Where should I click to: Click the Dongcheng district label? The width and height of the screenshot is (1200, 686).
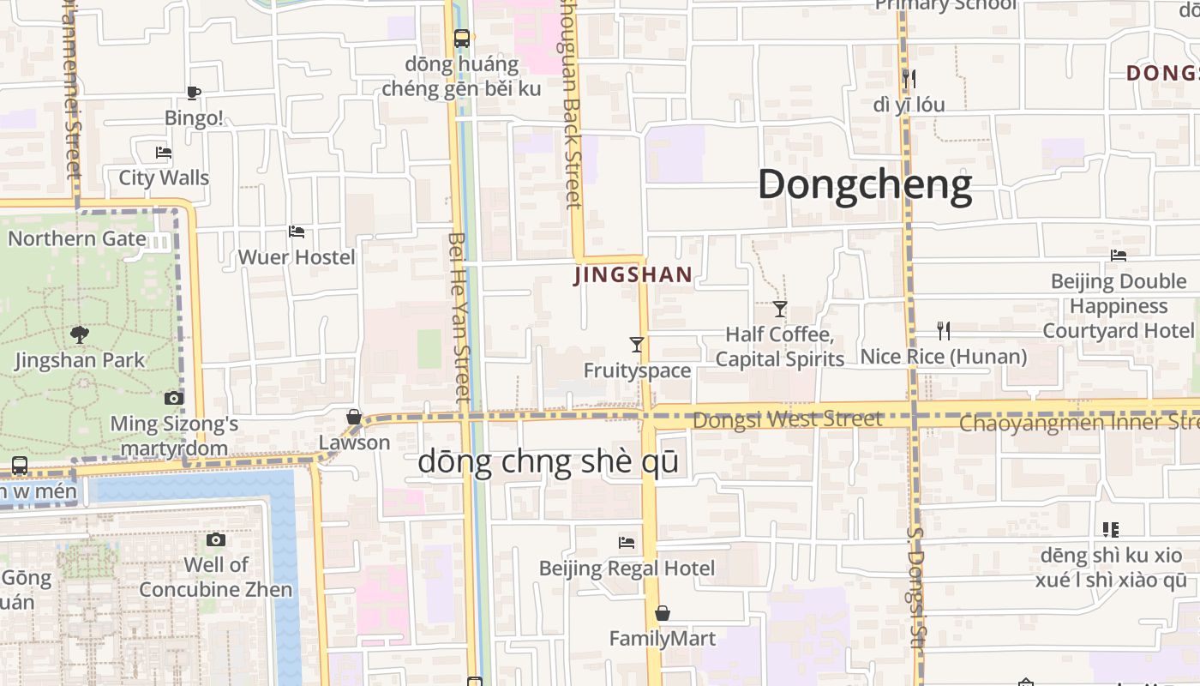[865, 185]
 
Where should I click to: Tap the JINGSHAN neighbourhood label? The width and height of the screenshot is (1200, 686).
[633, 275]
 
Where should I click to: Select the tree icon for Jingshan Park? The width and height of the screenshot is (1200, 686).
[80, 334]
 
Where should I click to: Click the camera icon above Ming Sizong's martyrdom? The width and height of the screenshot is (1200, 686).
[174, 398]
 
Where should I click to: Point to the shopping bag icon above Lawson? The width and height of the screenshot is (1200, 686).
[353, 417]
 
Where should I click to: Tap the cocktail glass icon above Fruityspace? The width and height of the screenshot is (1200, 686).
[636, 345]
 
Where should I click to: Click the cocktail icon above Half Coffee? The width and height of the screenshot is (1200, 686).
[780, 309]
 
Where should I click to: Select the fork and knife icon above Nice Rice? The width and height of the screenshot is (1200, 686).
[944, 331]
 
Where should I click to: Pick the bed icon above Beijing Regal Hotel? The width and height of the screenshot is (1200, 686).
[627, 543]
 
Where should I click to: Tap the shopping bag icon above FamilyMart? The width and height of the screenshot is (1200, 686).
[662, 613]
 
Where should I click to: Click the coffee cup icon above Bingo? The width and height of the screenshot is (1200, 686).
[193, 93]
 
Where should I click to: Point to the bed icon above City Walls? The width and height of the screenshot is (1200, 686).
[164, 153]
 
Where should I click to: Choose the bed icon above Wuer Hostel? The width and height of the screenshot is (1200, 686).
[297, 232]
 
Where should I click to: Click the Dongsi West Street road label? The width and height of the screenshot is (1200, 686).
[787, 419]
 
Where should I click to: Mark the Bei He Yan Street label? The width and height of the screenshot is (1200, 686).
[460, 317]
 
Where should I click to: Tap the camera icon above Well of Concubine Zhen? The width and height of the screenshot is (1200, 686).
[216, 539]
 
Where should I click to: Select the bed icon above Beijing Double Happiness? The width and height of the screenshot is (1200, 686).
[1119, 256]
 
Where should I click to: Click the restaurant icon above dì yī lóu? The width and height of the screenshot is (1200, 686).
[909, 79]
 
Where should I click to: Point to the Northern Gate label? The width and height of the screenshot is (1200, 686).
[77, 238]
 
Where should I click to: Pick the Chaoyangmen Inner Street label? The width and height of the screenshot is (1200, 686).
[1078, 423]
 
